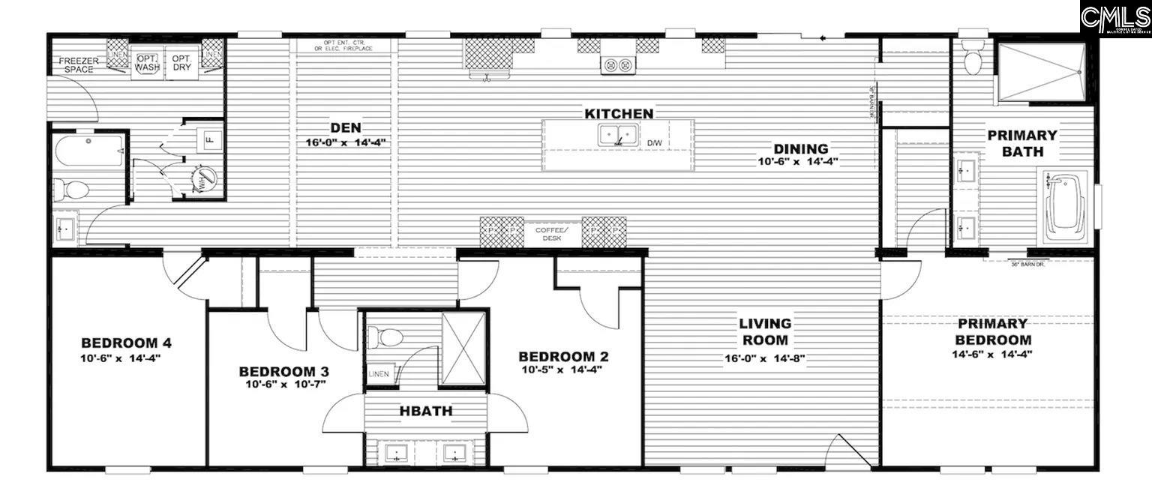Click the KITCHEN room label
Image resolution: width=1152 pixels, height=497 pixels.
[619, 113]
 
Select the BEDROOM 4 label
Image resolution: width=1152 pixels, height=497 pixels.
[126, 343]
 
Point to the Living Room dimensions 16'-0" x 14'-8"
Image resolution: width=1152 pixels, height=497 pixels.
[764, 358]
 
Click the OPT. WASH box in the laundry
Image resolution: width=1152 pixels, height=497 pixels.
[147, 62]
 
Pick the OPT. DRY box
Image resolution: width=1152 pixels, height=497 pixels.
[181, 62]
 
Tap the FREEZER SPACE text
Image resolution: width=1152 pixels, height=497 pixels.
[78, 64]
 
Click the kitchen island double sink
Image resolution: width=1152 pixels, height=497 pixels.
[619, 135]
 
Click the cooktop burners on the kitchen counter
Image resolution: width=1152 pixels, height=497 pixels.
[618, 65]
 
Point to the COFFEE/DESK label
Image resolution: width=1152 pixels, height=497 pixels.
[557, 233]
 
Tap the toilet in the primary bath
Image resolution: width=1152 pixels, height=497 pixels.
[973, 60]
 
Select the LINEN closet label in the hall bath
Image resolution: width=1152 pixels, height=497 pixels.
[378, 373]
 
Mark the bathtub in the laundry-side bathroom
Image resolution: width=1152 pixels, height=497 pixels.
[88, 151]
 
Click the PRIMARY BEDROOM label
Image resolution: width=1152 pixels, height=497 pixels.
[991, 331]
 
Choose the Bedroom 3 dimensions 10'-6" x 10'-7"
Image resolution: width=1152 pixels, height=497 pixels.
[283, 385]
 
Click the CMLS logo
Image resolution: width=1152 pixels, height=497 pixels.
[1115, 16]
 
